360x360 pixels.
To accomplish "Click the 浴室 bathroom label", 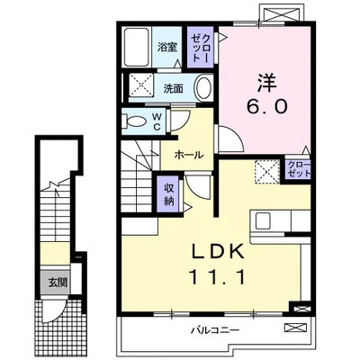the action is [167, 47].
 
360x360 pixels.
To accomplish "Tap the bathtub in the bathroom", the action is [137, 47].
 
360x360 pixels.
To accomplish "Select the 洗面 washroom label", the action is [174, 89].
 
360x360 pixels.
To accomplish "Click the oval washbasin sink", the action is [204, 87].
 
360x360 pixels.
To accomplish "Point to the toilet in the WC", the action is [135, 121].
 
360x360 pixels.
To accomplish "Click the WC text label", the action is [157, 121].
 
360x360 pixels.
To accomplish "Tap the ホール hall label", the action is [189, 155].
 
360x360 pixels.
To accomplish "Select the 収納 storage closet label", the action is [169, 195].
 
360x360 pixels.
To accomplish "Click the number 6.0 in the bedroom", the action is [266, 105].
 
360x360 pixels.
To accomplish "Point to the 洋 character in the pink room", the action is [266, 82].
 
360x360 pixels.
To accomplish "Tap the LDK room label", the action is [218, 252].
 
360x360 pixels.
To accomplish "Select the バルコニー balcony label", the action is [216, 331].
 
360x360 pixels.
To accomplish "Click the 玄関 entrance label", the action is [58, 283].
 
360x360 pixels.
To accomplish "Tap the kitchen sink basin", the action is [263, 220].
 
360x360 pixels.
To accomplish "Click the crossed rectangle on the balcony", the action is [295, 328].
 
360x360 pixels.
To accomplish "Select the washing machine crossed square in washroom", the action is [141, 84].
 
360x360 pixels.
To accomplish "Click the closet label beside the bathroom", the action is [200, 48].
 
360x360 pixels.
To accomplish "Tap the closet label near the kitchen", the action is [299, 169].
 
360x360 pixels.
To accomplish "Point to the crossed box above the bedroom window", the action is [283, 13].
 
